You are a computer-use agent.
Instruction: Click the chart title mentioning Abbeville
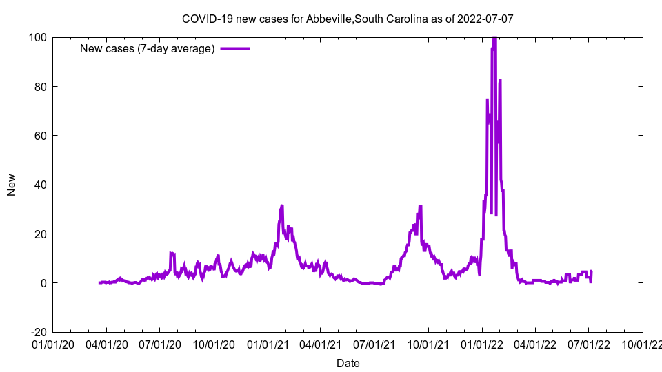(x=348, y=19)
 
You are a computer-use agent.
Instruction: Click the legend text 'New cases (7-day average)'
(x=148, y=48)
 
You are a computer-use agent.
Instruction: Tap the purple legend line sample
(x=235, y=48)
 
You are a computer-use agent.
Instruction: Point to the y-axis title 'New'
(x=12, y=185)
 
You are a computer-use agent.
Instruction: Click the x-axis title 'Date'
(x=348, y=363)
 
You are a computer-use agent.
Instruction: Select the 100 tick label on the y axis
(x=37, y=37)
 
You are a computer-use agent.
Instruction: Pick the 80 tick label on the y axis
(x=40, y=87)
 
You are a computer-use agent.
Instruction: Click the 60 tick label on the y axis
(x=40, y=136)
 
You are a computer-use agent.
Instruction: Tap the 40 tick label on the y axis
(x=40, y=185)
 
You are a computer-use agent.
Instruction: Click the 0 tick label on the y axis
(x=43, y=283)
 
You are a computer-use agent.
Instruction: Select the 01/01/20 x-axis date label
(x=53, y=344)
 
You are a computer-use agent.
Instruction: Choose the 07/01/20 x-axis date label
(x=160, y=344)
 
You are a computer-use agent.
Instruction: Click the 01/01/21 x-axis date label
(x=268, y=344)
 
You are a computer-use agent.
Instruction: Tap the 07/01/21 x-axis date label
(x=374, y=344)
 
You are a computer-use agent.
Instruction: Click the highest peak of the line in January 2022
(x=494, y=39)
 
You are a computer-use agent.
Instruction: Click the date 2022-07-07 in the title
(x=486, y=19)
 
